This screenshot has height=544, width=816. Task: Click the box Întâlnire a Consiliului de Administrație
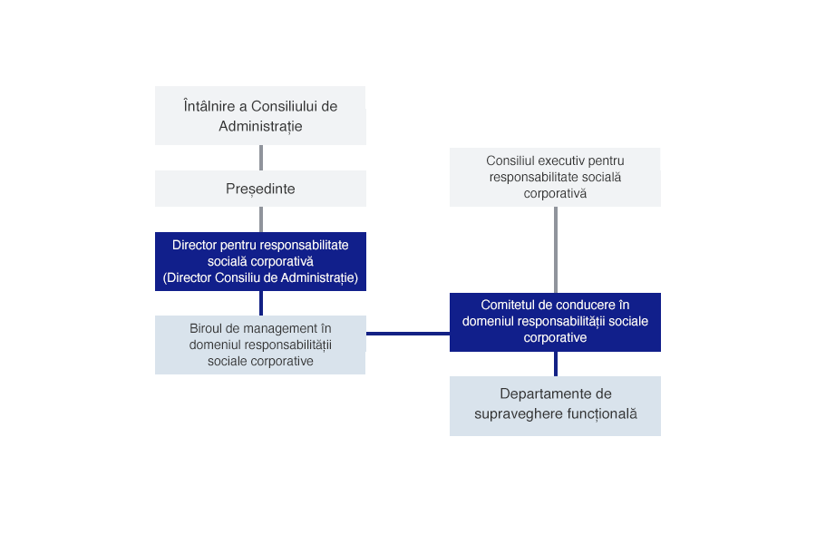click(260, 115)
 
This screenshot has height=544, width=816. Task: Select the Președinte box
click(260, 189)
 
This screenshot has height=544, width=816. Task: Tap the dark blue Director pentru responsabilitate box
click(260, 261)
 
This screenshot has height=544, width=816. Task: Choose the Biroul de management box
click(260, 345)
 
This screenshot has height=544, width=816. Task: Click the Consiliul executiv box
click(555, 177)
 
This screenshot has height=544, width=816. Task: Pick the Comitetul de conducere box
click(555, 321)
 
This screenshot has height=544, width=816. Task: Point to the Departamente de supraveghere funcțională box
click(555, 404)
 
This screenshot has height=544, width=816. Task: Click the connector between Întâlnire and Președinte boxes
click(261, 157)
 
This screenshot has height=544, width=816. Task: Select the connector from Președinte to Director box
click(261, 219)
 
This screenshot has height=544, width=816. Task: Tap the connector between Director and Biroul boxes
click(261, 303)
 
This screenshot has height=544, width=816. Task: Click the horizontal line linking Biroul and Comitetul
click(407, 334)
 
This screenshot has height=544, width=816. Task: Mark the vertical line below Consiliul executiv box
click(555, 249)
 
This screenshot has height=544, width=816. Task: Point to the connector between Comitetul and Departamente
click(555, 364)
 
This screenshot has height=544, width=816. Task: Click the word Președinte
click(260, 189)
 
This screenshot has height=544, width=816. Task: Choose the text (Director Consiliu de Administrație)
click(260, 277)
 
